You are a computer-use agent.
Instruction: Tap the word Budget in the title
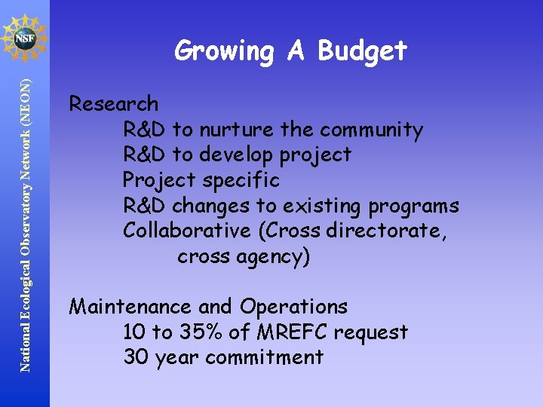pos(363,52)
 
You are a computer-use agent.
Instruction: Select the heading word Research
pos(114,104)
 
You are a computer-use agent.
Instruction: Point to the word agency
pos(272,257)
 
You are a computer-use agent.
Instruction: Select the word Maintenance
pos(130,307)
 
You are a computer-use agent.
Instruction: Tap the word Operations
pos(293,308)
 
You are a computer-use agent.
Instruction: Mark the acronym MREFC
pos(302,332)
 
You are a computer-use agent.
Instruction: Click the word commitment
pos(264,357)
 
